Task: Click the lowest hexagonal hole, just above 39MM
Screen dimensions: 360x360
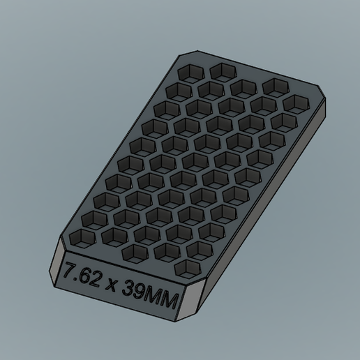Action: (x=186, y=268)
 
